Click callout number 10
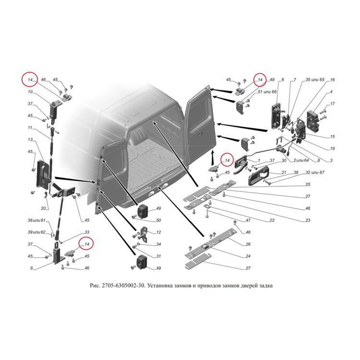click(30, 92)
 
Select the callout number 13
click(30, 140)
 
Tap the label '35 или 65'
click(315, 80)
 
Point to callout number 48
click(272, 80)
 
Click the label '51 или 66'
click(267, 92)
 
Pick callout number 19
click(332, 148)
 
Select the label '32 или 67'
click(315, 172)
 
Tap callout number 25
click(308, 184)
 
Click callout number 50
click(158, 220)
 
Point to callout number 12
click(158, 232)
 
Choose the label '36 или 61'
click(36, 220)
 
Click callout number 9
click(32, 268)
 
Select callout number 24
click(248, 256)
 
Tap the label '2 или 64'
click(301, 160)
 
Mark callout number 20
click(43, 208)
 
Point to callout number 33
click(87, 232)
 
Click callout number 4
click(331, 92)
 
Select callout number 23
click(308, 220)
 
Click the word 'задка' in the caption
click(265, 286)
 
